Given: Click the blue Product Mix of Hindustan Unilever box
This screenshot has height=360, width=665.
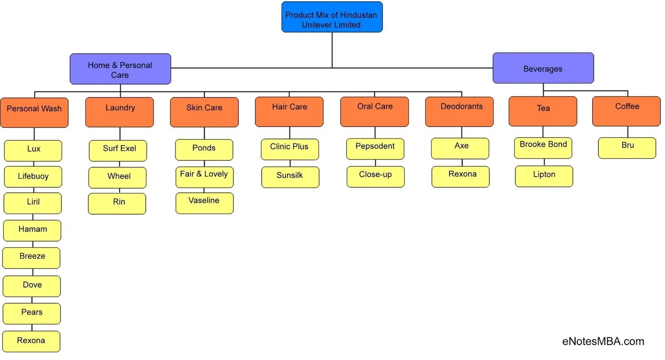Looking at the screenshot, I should [332, 17].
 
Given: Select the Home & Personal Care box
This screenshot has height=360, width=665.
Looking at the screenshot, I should [120, 69].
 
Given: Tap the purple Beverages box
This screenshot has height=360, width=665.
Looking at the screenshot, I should [543, 68].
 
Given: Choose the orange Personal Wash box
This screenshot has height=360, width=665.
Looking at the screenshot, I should [34, 112].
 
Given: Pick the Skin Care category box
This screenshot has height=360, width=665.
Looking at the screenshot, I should [204, 112].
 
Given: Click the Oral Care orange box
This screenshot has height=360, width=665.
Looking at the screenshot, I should [374, 111].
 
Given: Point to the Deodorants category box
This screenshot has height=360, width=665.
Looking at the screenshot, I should [459, 111].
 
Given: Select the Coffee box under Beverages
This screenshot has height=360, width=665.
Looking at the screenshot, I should [626, 111].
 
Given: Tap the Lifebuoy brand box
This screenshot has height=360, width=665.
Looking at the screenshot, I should [33, 177].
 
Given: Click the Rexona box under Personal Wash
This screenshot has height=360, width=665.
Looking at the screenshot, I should [31, 341].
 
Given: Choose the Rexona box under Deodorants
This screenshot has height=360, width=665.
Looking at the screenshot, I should [461, 177].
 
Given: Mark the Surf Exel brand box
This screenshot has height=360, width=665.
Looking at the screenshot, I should [118, 150].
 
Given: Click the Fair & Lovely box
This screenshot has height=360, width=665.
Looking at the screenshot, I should [204, 177].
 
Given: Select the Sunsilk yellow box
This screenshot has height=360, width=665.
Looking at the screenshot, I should [290, 177].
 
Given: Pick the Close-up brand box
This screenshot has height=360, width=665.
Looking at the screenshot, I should [375, 177].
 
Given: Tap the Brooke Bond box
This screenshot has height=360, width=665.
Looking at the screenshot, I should [543, 148].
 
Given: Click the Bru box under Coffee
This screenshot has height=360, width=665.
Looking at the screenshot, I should [627, 148].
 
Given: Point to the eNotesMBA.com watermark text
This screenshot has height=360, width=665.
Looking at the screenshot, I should [603, 341].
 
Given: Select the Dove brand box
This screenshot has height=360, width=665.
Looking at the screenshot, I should [32, 286].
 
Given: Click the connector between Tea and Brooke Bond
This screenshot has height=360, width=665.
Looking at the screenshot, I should [543, 132].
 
